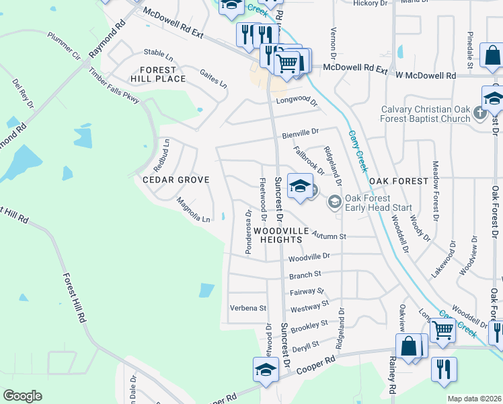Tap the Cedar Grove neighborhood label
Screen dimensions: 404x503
tap(176, 180)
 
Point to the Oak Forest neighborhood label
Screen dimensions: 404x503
tap(398, 181)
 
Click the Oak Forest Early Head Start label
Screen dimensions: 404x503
tap(378, 203)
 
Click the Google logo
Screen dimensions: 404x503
tap(22, 396)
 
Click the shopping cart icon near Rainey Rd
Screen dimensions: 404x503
tap(442, 330)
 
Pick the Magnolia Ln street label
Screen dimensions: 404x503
tap(193, 209)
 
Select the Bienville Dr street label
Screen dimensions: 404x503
tap(300, 133)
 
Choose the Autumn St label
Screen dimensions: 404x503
tap(329, 236)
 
